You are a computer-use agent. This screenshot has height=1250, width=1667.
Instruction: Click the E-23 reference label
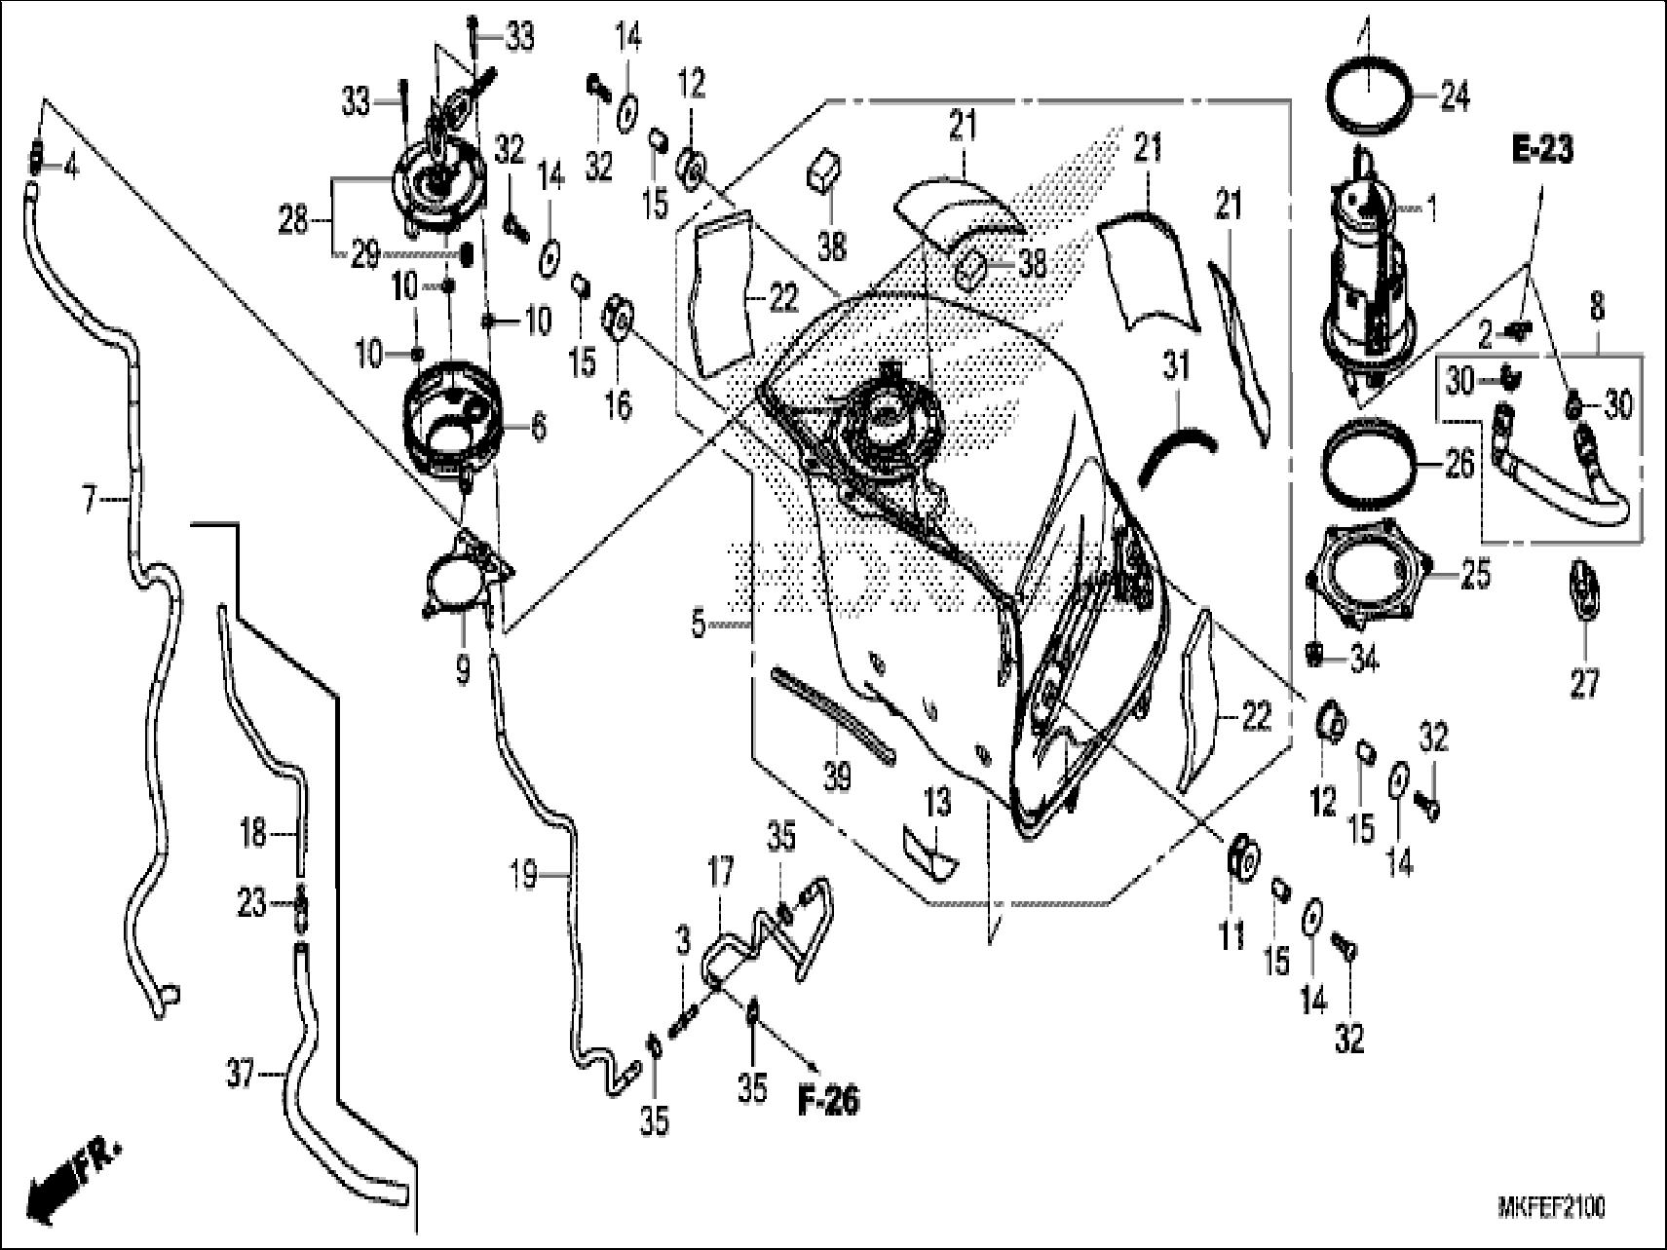pos(1542,150)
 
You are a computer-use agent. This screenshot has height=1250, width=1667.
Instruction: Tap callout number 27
pos(1585,684)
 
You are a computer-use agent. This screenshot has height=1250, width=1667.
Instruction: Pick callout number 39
pos(837,777)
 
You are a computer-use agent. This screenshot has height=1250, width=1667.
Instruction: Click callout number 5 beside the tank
pos(699,624)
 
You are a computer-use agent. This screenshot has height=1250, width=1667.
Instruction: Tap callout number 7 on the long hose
pos(90,502)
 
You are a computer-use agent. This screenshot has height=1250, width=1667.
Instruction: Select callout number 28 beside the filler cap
pos(292,220)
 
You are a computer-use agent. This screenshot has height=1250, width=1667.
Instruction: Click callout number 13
pos(937,804)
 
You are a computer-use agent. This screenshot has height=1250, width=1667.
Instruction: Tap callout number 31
pos(1177,368)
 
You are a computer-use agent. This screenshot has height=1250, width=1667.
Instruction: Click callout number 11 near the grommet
pos(1231,936)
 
